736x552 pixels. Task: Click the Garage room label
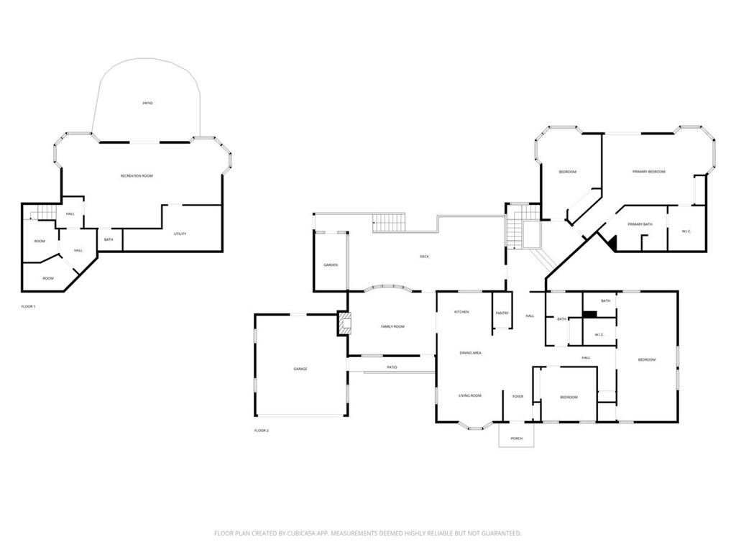pos(300,369)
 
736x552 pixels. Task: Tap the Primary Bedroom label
pos(648,172)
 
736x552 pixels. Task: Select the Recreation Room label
pos(136,176)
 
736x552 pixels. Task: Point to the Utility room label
pos(180,234)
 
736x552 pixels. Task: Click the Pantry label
pos(502,313)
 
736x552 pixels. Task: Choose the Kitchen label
pos(461,312)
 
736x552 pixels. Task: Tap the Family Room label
pos(392,326)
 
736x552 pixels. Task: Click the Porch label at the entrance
pos(516,438)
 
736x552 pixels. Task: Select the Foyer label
pos(517,396)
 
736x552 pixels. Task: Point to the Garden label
pos(330,265)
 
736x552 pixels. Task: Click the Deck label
pos(425,257)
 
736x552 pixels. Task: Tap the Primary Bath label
pos(640,225)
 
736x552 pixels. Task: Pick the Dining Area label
pos(471,353)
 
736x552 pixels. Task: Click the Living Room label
pos(471,395)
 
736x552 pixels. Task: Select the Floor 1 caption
pos(28,306)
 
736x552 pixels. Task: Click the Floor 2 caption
pos(261,431)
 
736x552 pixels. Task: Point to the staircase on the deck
pos(389,223)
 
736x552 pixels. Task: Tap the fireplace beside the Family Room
pos(343,323)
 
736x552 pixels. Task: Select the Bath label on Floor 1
pos(109,239)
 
